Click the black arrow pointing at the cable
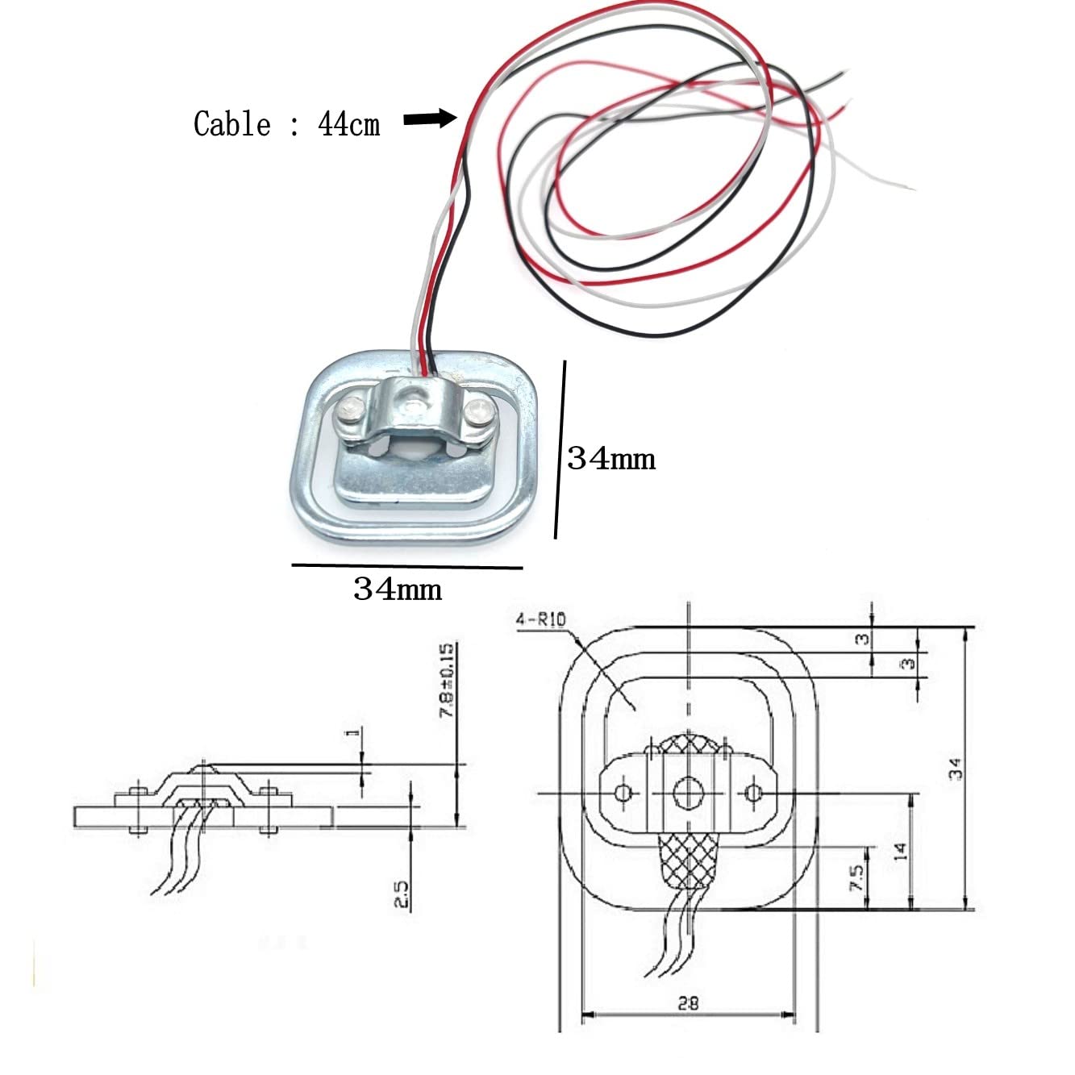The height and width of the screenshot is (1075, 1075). pyautogui.click(x=430, y=119)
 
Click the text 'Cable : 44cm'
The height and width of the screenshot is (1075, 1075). pyautogui.click(x=287, y=124)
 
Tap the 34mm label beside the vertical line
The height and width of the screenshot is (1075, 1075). pyautogui.click(x=611, y=459)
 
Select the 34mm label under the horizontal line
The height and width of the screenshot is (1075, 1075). pyautogui.click(x=398, y=589)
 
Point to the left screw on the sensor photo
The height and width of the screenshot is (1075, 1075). pyautogui.click(x=350, y=411)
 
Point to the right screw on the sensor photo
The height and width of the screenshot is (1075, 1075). pyautogui.click(x=481, y=413)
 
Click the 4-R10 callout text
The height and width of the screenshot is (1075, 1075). pyautogui.click(x=540, y=619)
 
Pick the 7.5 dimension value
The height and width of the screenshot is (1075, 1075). pyautogui.click(x=857, y=878)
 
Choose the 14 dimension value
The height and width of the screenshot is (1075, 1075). pyautogui.click(x=900, y=852)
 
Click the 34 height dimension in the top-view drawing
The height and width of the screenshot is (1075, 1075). pyautogui.click(x=956, y=769)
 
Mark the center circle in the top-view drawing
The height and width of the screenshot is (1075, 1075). pyautogui.click(x=688, y=792)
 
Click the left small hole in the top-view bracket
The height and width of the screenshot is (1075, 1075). pyautogui.click(x=623, y=792)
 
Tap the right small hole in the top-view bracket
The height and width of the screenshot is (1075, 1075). pyautogui.click(x=753, y=792)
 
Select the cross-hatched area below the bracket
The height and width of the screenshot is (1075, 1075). pyautogui.click(x=688, y=862)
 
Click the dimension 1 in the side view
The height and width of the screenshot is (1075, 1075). pyautogui.click(x=351, y=732)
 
